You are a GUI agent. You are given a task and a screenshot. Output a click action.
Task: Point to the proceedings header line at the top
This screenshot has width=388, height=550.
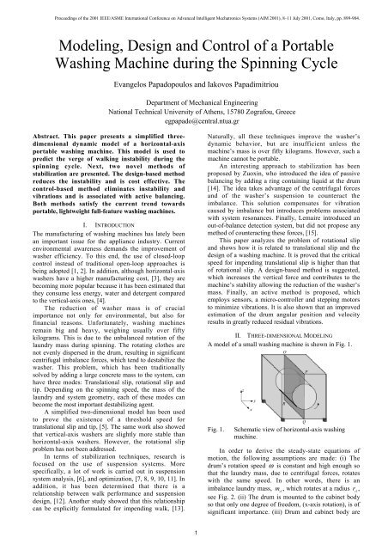click(x=194, y=7)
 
